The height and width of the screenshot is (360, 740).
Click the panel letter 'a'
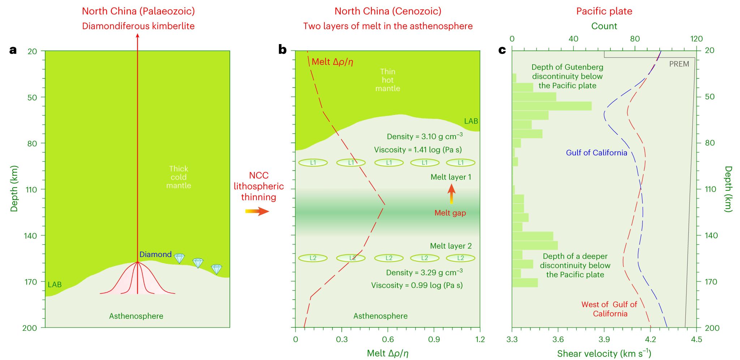point(13,50)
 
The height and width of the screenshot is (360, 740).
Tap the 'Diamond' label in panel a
point(155,254)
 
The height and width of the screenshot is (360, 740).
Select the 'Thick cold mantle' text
point(178,177)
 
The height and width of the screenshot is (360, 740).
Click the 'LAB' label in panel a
point(55,285)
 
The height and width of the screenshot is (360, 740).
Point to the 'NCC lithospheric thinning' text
point(259,186)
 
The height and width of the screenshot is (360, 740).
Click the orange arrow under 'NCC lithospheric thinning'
point(257,211)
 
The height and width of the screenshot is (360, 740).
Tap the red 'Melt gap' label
point(450,213)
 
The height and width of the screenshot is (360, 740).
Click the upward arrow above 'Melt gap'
point(451,194)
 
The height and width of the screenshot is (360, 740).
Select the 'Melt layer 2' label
point(451,246)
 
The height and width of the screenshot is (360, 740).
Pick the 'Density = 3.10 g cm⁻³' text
point(425,137)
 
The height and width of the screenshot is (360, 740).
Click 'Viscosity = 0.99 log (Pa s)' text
point(417,286)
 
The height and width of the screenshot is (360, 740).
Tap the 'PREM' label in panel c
point(679,64)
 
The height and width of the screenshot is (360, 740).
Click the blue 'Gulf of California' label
point(596,153)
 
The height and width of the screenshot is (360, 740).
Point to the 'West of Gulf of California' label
point(610,309)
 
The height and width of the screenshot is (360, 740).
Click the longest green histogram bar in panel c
point(552,106)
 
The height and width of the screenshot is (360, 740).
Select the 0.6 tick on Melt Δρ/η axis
point(388,339)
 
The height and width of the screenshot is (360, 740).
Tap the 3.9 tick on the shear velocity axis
point(604,339)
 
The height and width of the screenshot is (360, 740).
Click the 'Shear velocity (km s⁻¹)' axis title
point(604,353)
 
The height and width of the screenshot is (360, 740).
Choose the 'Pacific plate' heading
point(604,11)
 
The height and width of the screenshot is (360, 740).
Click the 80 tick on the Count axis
point(635,39)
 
